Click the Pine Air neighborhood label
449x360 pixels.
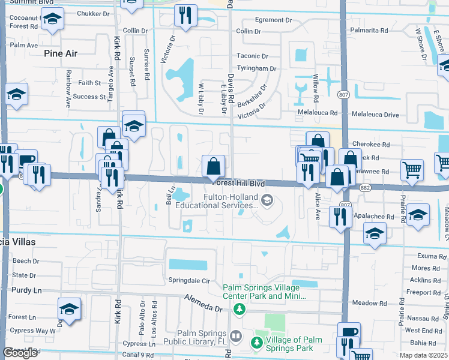pyautogui.click(x=61, y=53)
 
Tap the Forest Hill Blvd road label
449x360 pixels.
pyautogui.click(x=237, y=184)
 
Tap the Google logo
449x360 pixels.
pyautogui.click(x=20, y=353)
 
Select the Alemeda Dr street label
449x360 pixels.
pyautogui.click(x=203, y=302)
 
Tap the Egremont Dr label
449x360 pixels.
pyautogui.click(x=273, y=20)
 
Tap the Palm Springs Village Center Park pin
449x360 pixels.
pyautogui.click(x=240, y=309)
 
